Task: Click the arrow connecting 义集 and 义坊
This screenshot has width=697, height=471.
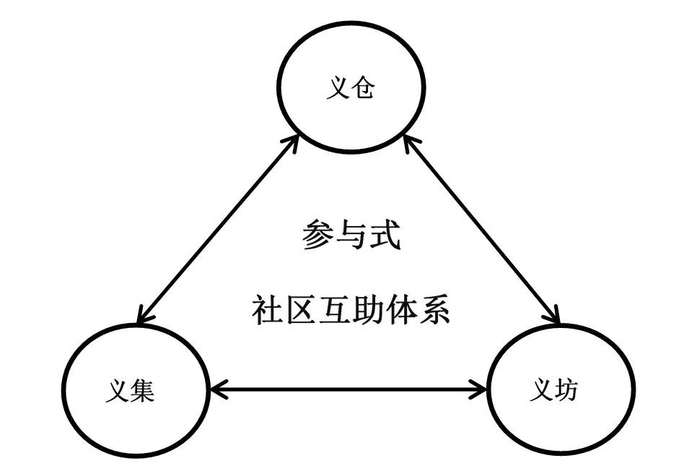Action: (x=349, y=391)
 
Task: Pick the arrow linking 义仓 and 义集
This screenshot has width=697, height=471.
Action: (x=218, y=229)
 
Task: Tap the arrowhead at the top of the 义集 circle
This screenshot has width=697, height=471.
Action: (x=144, y=316)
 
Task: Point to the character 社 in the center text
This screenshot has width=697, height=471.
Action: (x=265, y=310)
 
